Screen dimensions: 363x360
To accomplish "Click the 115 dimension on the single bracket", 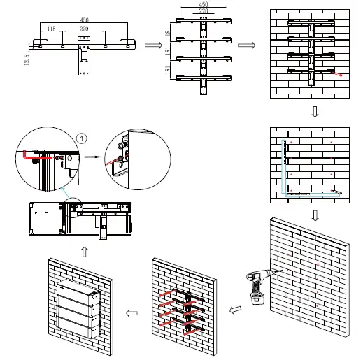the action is click(x=52, y=29).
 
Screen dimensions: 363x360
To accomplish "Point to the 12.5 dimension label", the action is click(x=27, y=60).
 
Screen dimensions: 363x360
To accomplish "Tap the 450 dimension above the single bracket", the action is click(x=84, y=20).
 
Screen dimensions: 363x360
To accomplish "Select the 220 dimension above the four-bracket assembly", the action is click(x=204, y=10).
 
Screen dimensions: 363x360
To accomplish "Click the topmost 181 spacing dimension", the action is click(x=168, y=31).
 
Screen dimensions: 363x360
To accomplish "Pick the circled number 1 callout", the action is click(x=82, y=138).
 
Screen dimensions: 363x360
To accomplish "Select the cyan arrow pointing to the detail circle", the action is click(x=66, y=193).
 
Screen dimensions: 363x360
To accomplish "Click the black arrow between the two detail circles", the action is click(x=93, y=157).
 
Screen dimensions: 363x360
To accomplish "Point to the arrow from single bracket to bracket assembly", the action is click(x=153, y=45).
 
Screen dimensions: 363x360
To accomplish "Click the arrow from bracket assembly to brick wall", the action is click(x=246, y=45).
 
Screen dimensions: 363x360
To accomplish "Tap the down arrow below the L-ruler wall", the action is click(x=315, y=215).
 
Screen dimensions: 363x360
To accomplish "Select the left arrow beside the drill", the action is click(x=235, y=310).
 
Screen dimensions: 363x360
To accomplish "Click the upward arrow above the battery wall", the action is click(x=85, y=252).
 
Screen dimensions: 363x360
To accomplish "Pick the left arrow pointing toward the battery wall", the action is click(x=131, y=313).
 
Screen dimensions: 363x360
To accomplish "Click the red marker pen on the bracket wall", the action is click(x=336, y=74).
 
